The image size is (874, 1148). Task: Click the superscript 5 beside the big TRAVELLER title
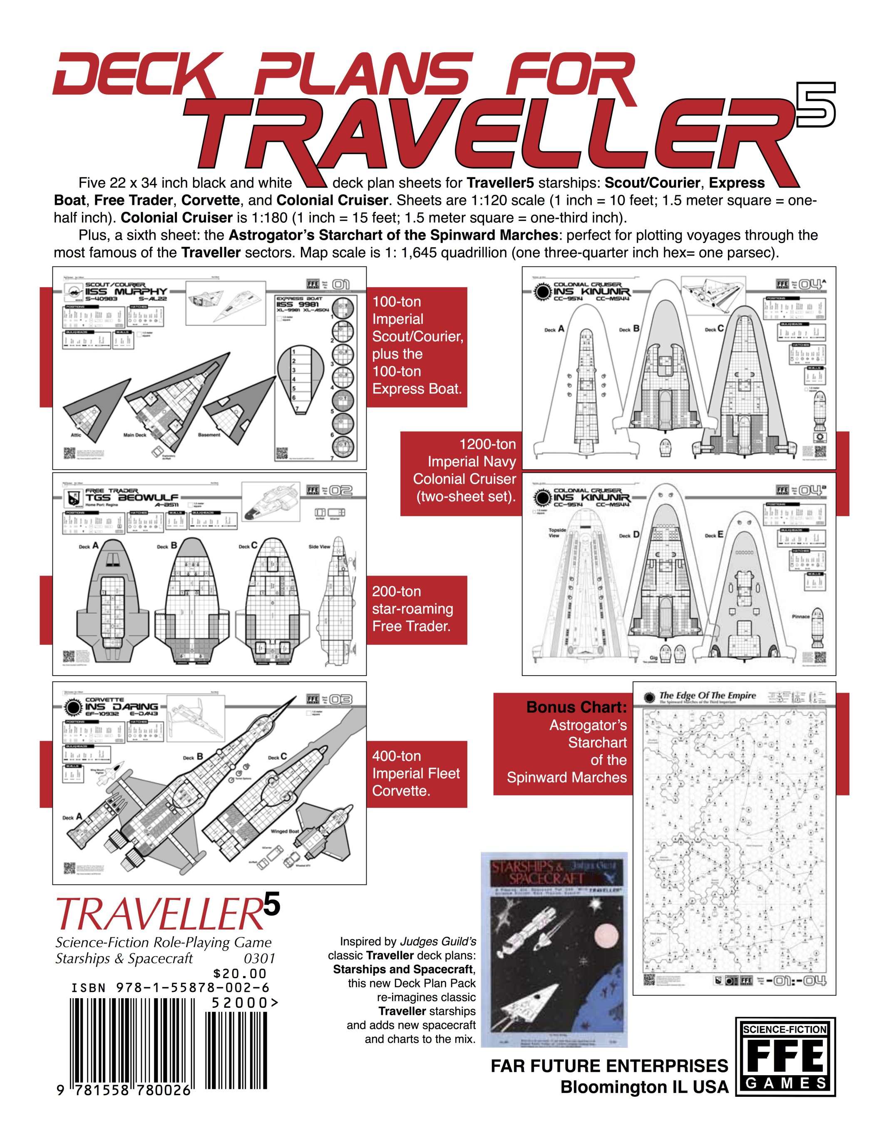click(x=815, y=104)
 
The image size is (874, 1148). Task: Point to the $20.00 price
click(x=240, y=973)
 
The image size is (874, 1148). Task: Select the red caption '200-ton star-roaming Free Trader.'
click(x=412, y=609)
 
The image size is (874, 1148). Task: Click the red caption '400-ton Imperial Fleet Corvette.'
click(x=416, y=773)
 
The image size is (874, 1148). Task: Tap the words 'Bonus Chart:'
click(x=576, y=708)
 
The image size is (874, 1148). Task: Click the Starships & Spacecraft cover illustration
click(x=554, y=949)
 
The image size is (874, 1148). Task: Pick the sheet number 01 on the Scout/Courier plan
click(x=341, y=284)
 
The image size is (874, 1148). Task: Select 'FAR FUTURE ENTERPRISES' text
click(x=609, y=1066)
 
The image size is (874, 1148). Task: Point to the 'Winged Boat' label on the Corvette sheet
click(x=285, y=831)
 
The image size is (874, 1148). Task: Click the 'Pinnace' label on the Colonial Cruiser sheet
click(x=801, y=616)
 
